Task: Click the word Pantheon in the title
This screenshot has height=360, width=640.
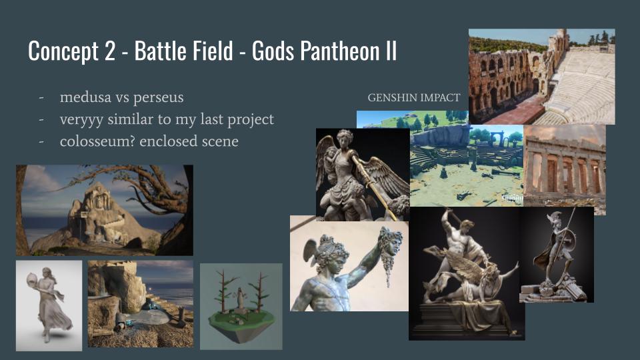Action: [x=339, y=51]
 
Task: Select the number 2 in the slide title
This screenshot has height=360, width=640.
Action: [x=109, y=51]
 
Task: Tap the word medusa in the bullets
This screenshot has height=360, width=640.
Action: [x=85, y=97]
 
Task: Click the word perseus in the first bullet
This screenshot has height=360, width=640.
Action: [x=159, y=98]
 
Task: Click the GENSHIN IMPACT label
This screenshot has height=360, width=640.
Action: [x=414, y=98]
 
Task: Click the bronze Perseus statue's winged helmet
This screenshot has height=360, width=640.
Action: [x=326, y=249]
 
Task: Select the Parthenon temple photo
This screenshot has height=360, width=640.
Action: [x=565, y=169]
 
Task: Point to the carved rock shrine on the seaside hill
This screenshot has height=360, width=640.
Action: [x=97, y=215]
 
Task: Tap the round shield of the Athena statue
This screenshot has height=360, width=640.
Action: [x=570, y=240]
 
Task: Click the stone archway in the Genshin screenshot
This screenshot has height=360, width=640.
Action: [x=497, y=139]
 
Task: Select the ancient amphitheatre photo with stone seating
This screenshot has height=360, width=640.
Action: [x=541, y=76]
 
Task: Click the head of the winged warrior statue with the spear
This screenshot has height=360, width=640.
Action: [x=345, y=137]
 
